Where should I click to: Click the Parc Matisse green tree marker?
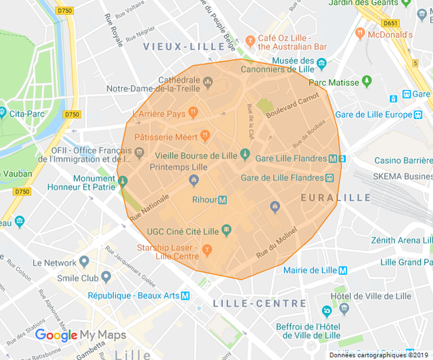point(367,81)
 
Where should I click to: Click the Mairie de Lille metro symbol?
point(342,270)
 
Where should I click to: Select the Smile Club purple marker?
point(106,277)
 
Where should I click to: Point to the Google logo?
point(56,335)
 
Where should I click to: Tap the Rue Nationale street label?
point(149,206)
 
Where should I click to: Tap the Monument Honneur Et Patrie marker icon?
point(122,181)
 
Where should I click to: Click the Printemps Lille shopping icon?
point(194,179)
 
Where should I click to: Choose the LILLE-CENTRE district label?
point(250,303)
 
